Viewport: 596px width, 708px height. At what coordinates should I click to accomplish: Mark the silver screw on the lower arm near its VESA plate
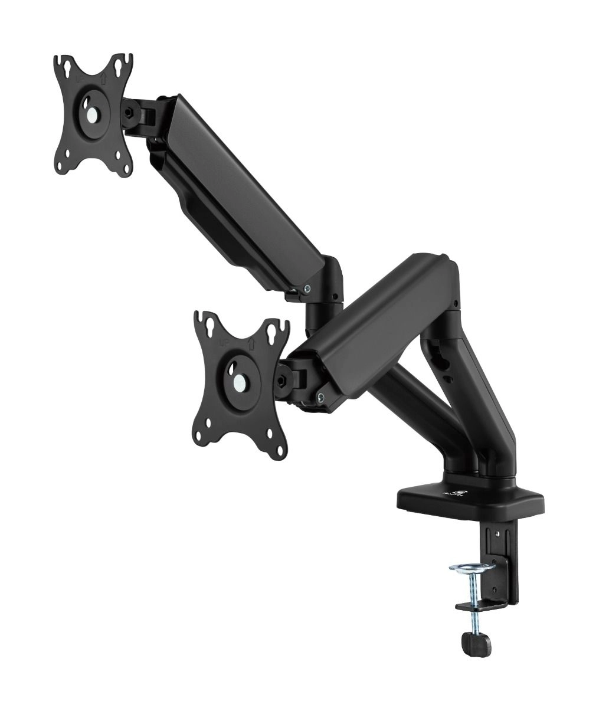tap(320, 396)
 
